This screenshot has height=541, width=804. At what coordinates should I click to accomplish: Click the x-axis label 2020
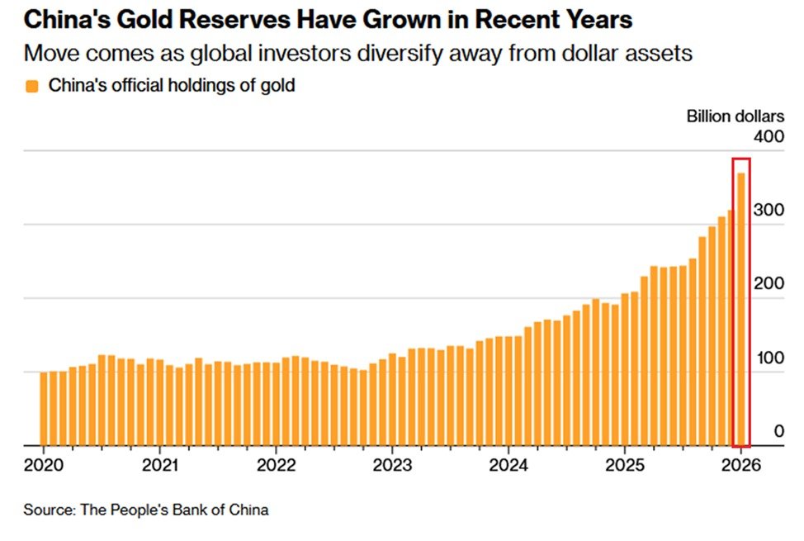(x=44, y=465)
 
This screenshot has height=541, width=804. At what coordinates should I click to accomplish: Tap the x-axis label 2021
(x=160, y=465)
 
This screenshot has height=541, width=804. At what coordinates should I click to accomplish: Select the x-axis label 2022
(x=277, y=465)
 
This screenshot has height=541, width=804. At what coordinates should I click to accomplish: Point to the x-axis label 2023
(x=392, y=465)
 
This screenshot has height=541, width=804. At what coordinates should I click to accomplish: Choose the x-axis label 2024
(x=508, y=465)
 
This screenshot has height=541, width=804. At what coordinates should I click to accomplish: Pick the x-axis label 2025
(x=625, y=465)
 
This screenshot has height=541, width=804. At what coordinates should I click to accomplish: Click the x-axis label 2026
(x=741, y=465)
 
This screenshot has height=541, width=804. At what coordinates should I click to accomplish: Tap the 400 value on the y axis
(x=769, y=136)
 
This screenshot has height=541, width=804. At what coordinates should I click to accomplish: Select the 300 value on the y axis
(x=769, y=210)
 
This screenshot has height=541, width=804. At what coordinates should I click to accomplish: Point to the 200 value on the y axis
(x=769, y=284)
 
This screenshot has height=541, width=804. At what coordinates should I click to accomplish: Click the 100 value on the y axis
(x=770, y=358)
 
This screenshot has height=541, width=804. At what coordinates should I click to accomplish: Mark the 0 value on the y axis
(x=779, y=431)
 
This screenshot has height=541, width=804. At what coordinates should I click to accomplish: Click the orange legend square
(x=32, y=86)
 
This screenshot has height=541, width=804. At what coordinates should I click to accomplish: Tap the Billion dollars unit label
(x=735, y=116)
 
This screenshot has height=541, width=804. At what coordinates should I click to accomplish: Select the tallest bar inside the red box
(x=741, y=310)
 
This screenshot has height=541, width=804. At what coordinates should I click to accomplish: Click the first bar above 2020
(x=44, y=409)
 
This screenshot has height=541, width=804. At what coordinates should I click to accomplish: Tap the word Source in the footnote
(x=50, y=510)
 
